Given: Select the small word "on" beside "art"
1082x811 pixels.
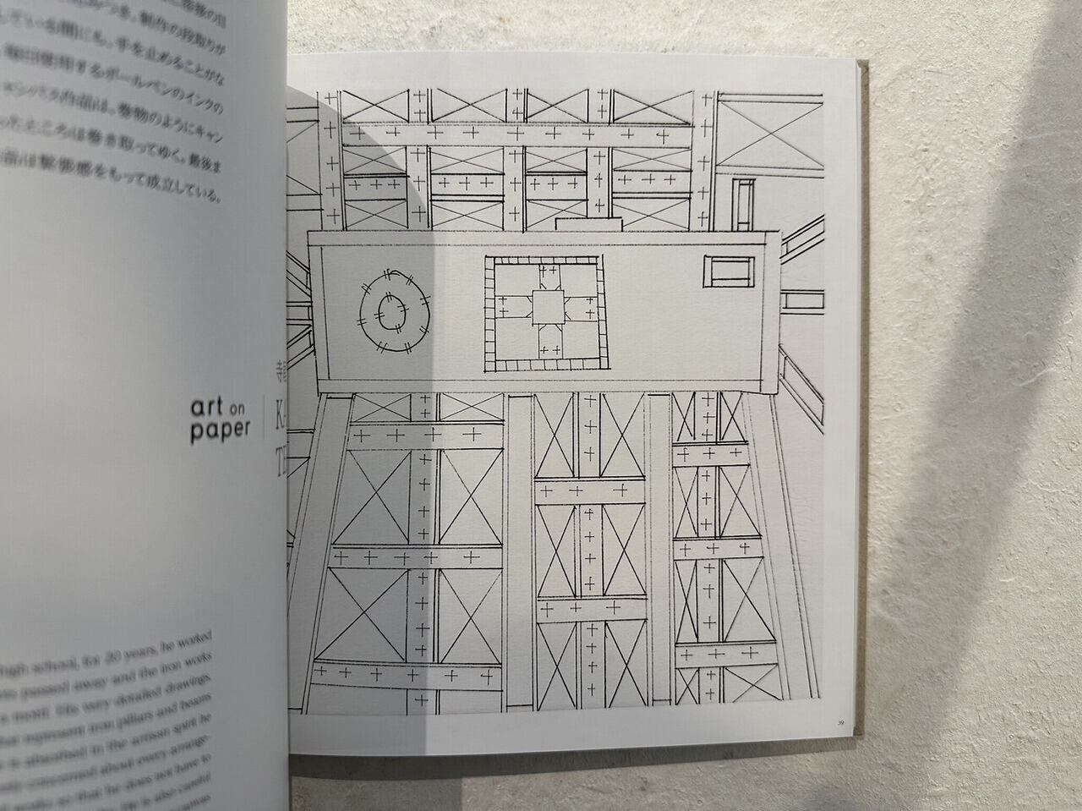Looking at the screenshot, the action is pos(241,409).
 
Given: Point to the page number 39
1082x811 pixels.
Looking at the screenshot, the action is pos(840,722).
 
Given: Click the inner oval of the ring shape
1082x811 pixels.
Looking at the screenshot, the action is pos(390,310).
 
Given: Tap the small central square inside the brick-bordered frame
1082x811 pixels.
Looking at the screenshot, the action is pos(545,308).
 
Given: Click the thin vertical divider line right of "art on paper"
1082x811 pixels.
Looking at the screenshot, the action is pos(265,418).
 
